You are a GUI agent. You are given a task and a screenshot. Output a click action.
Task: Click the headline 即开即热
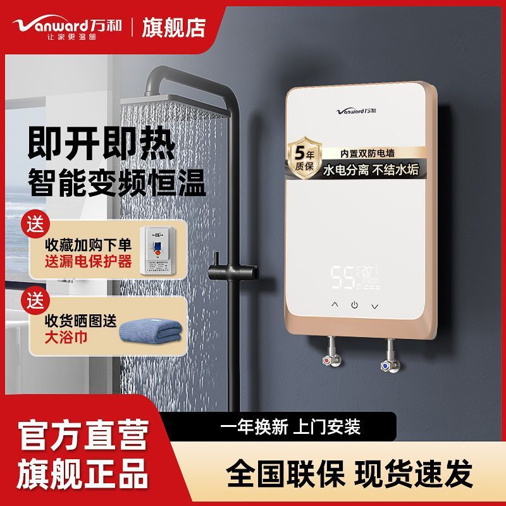click(101, 145)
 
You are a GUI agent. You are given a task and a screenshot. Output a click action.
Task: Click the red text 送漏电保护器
click(89, 261)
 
